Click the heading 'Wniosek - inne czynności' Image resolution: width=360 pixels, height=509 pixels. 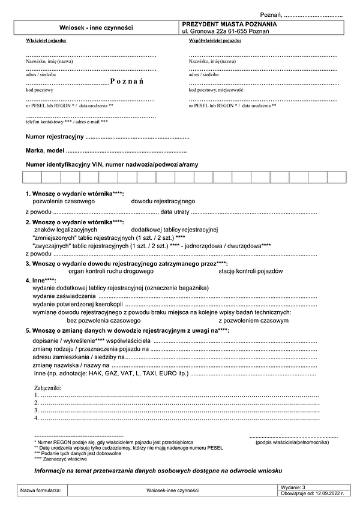click(96, 28)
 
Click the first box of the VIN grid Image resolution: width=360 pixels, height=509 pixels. click(32, 177)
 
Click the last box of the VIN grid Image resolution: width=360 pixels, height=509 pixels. click(337, 177)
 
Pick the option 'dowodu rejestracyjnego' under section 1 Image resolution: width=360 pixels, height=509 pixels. click(163, 201)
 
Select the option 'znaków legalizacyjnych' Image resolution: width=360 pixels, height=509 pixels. click(66, 230)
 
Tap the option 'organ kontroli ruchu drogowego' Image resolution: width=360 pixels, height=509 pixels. click(111, 271)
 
